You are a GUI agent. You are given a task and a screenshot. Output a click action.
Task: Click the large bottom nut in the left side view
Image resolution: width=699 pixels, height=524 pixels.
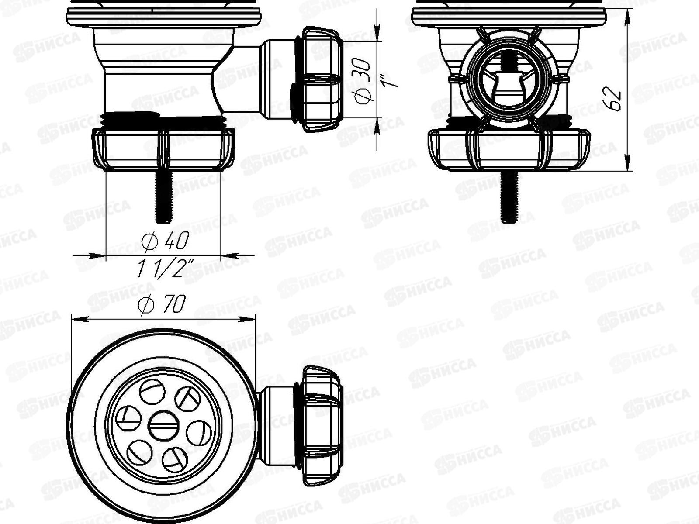164,148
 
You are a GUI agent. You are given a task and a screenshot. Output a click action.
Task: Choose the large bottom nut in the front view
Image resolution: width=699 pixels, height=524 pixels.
509,148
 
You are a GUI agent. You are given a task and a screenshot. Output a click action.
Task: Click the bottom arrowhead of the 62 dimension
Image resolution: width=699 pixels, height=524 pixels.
628,166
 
